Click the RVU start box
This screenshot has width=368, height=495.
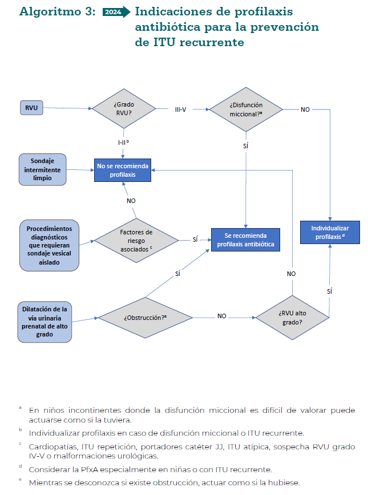coord(31,108)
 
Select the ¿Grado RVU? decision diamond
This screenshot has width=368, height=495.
coord(124,108)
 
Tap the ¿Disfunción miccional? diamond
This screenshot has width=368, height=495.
coord(246,109)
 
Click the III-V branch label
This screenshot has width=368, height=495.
coord(180,109)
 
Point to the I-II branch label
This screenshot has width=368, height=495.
coord(123,143)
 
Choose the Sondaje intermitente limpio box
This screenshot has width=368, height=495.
coord(43,169)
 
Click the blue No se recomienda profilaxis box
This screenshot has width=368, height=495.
coord(123,170)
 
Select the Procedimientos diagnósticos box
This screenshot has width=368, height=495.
coord(49,245)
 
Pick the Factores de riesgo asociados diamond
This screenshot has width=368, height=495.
coord(136,241)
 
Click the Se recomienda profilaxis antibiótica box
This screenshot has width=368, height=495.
coord(245,240)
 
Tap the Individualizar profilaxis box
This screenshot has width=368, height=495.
coord(330,232)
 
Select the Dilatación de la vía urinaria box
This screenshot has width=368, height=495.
coord(45,322)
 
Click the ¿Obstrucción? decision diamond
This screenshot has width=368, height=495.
coord(145,318)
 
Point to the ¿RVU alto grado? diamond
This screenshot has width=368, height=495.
coord(292,318)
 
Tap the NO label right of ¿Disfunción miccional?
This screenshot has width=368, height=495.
coord(305,109)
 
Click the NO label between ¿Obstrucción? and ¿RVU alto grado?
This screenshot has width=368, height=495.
coord(222,316)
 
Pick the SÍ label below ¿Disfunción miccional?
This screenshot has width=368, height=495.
coord(245,145)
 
